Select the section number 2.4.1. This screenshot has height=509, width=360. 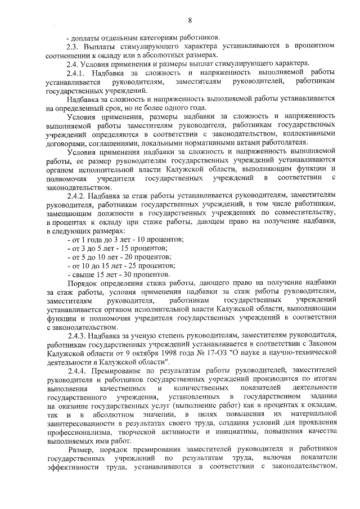(76, 73)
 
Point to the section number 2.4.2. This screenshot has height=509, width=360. (76, 196)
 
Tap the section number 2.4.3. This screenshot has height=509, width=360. (76, 336)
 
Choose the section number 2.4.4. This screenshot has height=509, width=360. (76, 372)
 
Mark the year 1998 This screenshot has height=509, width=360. (192, 354)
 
